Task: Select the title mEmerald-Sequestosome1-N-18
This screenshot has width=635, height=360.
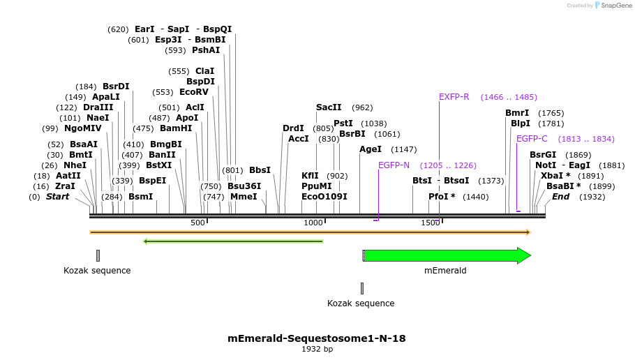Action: point(316,338)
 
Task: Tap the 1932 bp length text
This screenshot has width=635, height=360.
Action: point(317,349)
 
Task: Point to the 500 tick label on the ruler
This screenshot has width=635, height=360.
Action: point(197,223)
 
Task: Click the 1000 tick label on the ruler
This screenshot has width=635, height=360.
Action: point(313,223)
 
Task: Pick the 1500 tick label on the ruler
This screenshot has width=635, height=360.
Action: point(430,223)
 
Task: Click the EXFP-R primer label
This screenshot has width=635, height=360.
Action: point(454,97)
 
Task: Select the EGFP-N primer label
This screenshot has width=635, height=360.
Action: point(394,165)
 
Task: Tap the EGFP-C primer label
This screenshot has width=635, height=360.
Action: point(532,139)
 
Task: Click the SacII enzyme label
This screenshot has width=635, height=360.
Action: point(329,107)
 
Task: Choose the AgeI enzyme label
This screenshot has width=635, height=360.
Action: point(370,149)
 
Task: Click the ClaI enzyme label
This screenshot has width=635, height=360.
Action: point(204,71)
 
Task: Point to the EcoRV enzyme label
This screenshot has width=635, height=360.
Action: point(194,92)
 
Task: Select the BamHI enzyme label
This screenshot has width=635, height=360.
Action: point(176,128)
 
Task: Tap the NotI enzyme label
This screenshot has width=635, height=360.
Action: point(545,165)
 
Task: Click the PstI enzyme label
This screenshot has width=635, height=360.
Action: point(343,123)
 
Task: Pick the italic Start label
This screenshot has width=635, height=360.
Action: point(57,197)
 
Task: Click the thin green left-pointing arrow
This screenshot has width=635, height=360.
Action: point(233,241)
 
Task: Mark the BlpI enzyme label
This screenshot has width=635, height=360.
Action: point(521,123)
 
